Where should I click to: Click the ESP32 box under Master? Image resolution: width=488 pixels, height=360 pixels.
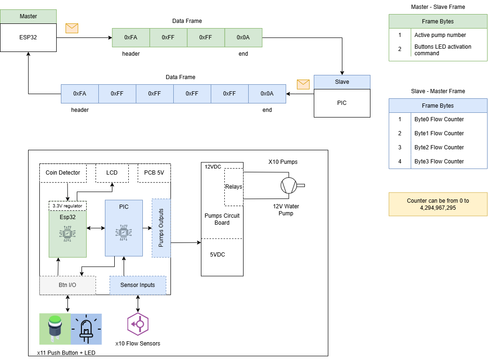tap(28, 37)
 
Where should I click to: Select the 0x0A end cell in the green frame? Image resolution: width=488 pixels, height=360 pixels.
tap(243, 37)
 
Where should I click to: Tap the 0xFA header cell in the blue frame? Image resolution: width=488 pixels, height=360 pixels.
tap(80, 94)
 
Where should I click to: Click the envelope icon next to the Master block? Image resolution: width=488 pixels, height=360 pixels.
tap(72, 28)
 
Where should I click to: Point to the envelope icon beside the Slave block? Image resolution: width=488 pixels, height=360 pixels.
tap(303, 84)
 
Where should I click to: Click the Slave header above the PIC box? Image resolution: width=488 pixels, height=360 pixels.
tap(341, 82)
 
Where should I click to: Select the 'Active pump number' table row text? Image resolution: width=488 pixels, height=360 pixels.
tap(440, 35)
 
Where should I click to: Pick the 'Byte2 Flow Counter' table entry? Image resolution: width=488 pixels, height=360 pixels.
tap(439, 147)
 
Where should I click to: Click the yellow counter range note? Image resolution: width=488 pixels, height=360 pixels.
tap(438, 204)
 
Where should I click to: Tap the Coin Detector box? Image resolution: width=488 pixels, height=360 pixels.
tap(63, 173)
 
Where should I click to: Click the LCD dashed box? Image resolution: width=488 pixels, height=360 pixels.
tap(111, 173)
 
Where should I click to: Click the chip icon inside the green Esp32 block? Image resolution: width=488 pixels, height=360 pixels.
tap(67, 233)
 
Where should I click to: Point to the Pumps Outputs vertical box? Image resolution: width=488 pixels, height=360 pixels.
tap(161, 228)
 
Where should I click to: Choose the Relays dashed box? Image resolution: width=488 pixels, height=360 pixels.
tap(234, 187)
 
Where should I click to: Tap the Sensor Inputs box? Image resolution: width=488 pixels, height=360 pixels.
tap(138, 285)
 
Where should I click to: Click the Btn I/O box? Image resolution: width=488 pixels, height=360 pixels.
tap(67, 285)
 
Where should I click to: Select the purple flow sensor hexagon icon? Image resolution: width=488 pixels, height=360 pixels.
tap(138, 324)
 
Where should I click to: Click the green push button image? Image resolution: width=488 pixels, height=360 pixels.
tap(55, 329)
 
